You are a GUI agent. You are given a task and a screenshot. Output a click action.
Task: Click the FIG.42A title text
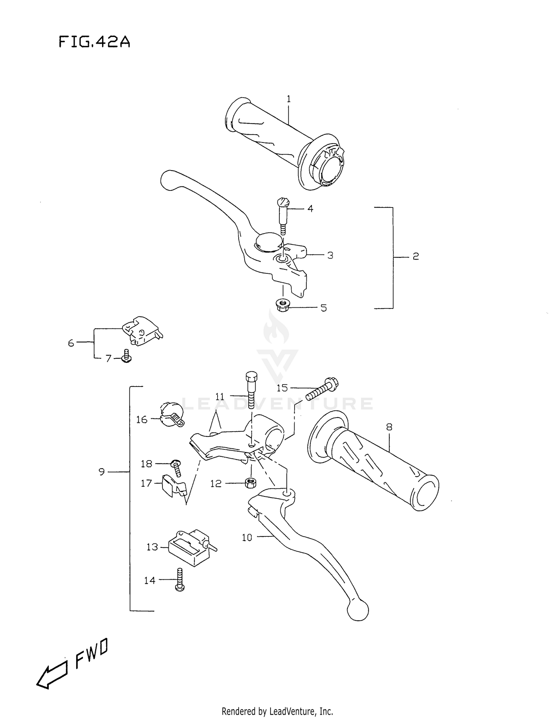point(94,42)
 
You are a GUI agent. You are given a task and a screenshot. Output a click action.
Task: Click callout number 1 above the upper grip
point(289,99)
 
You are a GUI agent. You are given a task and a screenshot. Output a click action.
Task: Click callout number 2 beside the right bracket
point(416,256)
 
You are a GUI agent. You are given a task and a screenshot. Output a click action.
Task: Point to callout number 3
point(330,255)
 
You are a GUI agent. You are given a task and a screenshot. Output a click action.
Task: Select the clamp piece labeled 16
point(171,414)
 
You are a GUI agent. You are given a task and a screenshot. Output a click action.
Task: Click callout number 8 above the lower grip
point(389,427)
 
